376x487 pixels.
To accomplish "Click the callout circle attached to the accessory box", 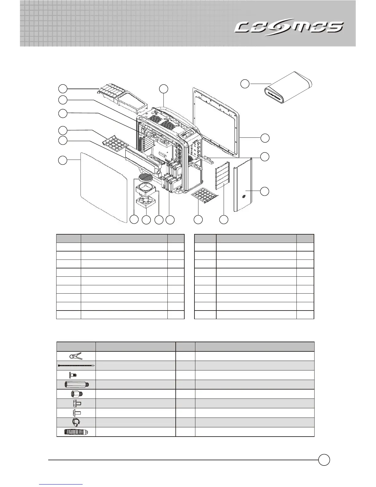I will (x=245, y=83).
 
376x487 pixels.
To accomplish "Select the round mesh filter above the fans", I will (x=145, y=177).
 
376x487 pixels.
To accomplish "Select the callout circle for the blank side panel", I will (x=63, y=160).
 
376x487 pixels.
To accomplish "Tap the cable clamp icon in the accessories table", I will (x=76, y=356).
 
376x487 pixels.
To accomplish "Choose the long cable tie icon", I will (x=76, y=366).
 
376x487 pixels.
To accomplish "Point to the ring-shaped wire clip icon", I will (x=76, y=422).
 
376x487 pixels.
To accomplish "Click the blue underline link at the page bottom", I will (x=61, y=485).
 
